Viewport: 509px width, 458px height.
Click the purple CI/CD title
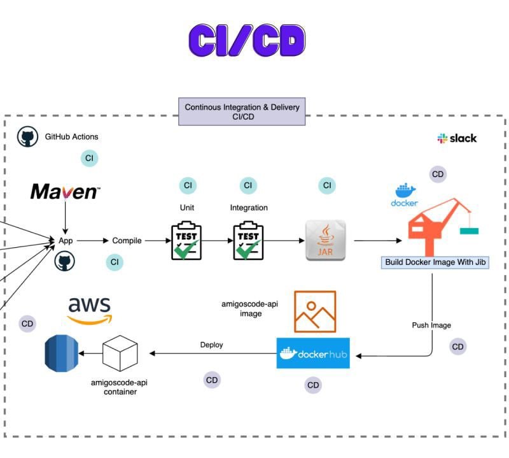tap(247, 40)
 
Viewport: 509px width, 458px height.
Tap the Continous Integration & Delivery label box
tap(242, 111)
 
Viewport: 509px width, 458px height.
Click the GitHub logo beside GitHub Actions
tap(27, 136)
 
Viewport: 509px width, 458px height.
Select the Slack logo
tap(457, 138)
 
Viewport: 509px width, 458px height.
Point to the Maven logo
tap(65, 191)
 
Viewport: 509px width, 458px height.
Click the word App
tap(66, 241)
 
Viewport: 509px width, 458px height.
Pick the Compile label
tap(127, 241)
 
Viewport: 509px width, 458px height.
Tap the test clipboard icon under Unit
tap(186, 240)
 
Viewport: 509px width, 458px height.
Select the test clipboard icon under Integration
tap(248, 240)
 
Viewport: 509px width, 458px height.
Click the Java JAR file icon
tap(325, 240)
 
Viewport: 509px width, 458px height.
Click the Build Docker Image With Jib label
tap(435, 262)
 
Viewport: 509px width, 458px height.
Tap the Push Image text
tap(431, 326)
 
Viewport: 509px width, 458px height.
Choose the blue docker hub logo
tap(313, 353)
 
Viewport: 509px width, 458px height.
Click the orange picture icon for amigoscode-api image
tap(314, 311)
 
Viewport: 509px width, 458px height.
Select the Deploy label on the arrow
tap(212, 345)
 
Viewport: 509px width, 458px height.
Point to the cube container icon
tap(120, 353)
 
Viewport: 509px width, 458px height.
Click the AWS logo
tap(89, 310)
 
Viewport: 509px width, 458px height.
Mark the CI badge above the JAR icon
tap(327, 186)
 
